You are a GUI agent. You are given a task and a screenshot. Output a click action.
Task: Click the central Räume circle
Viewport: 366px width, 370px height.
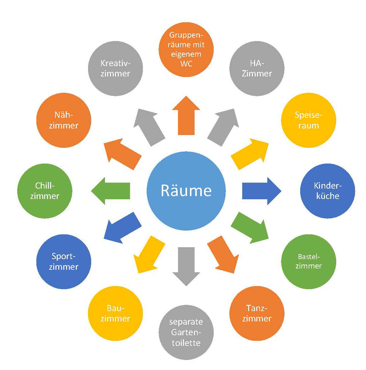(x=186, y=191)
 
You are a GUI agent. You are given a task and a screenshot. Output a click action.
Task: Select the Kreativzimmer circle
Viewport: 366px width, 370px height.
(x=116, y=68)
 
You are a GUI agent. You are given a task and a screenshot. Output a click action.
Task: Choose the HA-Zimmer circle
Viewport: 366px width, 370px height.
(x=257, y=68)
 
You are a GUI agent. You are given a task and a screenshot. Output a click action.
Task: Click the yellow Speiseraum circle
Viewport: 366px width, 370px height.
(x=309, y=120)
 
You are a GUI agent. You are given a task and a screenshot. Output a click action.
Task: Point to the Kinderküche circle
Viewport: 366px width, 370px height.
(x=327, y=191)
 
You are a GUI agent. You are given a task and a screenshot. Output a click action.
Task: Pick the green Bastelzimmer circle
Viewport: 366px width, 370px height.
(x=309, y=261)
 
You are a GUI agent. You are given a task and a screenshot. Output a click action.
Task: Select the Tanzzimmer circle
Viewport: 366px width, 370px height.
(x=257, y=313)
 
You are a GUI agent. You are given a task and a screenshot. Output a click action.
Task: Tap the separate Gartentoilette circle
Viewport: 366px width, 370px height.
(x=186, y=332)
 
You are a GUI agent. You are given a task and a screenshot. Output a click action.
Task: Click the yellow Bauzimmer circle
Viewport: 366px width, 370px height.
(x=116, y=313)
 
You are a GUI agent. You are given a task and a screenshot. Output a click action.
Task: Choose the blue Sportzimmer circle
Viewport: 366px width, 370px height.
(x=64, y=261)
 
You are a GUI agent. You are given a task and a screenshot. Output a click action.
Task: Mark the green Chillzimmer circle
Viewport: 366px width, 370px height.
(x=45, y=191)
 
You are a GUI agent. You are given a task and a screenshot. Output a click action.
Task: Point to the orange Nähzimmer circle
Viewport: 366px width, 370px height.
(x=64, y=120)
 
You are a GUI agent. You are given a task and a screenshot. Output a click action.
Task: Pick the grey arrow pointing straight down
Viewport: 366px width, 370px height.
(x=186, y=265)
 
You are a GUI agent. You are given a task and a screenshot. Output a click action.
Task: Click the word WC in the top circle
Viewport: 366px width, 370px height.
(x=186, y=64)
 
